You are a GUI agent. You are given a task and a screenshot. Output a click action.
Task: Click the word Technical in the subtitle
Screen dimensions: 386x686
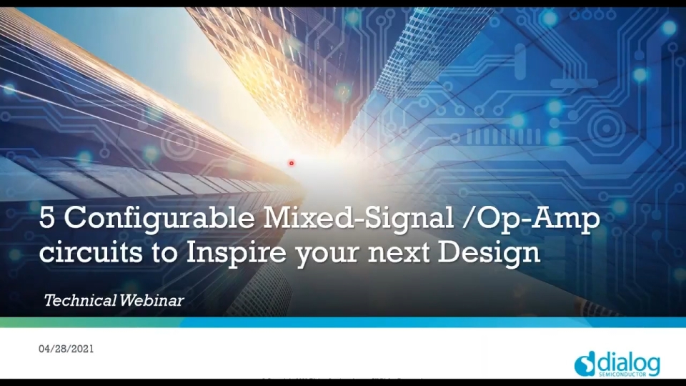pos(79,300)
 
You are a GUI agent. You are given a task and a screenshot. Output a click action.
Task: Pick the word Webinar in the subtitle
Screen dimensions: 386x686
pos(151,300)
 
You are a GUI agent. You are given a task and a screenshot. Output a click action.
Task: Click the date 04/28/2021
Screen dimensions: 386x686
pos(66,349)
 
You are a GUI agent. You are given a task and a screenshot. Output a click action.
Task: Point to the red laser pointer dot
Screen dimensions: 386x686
pos(292,163)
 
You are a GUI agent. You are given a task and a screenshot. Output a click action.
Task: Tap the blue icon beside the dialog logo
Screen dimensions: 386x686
pos(585,365)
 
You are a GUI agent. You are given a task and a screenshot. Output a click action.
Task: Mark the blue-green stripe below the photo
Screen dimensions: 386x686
pos(343,322)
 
